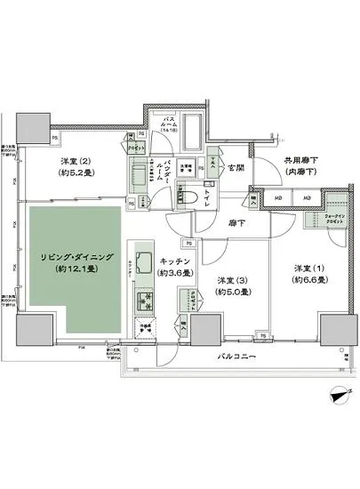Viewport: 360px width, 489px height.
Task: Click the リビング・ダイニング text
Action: coord(68,255)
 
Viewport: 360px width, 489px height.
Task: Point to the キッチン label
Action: coord(172,261)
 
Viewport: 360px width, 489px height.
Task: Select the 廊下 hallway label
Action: coord(234,224)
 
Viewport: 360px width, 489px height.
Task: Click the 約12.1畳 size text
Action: coord(68,268)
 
